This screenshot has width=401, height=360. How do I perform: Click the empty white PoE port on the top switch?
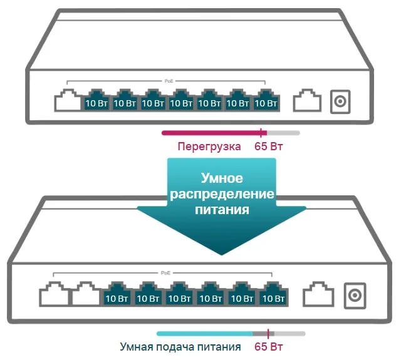[x=67, y=101]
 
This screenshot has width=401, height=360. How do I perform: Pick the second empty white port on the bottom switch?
[x=84, y=294]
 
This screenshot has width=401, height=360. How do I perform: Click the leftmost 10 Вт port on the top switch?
[x=96, y=101]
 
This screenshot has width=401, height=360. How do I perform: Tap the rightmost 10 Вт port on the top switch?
[x=266, y=101]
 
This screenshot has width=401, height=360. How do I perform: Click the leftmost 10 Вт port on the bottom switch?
[x=117, y=295]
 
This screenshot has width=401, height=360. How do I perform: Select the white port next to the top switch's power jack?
[x=307, y=101]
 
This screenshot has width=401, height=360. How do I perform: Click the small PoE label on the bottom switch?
[x=165, y=274]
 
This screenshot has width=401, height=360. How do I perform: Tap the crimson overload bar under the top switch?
[x=213, y=133]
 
